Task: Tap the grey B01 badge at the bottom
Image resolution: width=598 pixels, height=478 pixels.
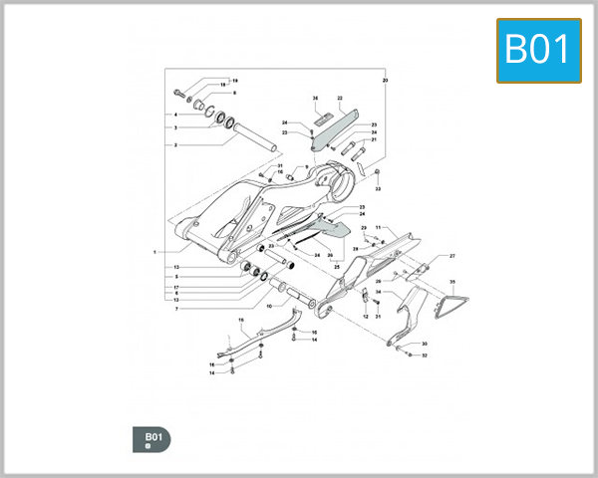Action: click(x=151, y=437)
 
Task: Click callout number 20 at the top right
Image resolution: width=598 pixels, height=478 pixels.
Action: click(x=386, y=79)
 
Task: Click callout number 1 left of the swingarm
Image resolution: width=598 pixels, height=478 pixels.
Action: click(x=155, y=252)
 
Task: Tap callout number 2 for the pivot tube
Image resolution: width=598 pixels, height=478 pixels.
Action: click(x=175, y=144)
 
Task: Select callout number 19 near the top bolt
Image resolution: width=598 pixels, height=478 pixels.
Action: click(x=234, y=80)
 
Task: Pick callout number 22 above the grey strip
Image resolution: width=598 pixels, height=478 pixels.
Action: click(x=340, y=99)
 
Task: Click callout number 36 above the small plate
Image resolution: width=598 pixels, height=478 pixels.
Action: click(x=315, y=99)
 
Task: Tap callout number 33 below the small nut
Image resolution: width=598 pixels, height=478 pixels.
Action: click(x=379, y=187)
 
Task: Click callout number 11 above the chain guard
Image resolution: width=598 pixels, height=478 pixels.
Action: click(x=377, y=228)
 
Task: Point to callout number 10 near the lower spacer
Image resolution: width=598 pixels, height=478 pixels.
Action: click(x=268, y=306)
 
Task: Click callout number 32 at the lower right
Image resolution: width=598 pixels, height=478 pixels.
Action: click(x=424, y=355)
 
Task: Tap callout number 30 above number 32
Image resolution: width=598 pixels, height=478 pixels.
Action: click(x=424, y=344)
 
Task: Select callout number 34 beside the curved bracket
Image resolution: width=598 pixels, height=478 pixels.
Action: click(x=379, y=292)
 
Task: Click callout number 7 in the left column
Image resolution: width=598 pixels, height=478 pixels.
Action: click(x=175, y=309)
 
